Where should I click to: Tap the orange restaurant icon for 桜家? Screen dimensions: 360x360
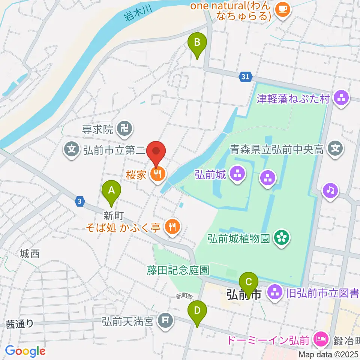point(157,174)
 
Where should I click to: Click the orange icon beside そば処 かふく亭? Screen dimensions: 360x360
point(172,226)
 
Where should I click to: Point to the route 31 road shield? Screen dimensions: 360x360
point(244,77)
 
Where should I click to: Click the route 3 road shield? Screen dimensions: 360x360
point(79,201)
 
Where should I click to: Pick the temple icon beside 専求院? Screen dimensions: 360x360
point(123,130)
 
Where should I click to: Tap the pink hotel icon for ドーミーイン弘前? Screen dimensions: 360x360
point(321,340)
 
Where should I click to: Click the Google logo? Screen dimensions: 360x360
point(25,351)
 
